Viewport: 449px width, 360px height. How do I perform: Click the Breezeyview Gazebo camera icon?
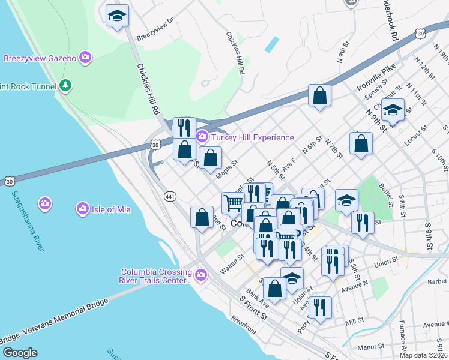coord(85,58)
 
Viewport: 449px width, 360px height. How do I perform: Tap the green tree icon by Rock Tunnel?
coord(66,86)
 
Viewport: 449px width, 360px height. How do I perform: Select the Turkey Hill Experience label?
coord(252,137)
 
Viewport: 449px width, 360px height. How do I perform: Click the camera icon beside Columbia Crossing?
coord(200,275)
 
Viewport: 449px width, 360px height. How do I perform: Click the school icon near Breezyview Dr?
coord(117,16)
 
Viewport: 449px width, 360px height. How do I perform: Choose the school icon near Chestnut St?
coord(393,110)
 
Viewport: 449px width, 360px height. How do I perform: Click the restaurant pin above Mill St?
coord(320,308)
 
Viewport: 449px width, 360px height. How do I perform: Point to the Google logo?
coord(20,353)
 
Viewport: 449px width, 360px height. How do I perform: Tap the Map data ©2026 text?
coord(423,355)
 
